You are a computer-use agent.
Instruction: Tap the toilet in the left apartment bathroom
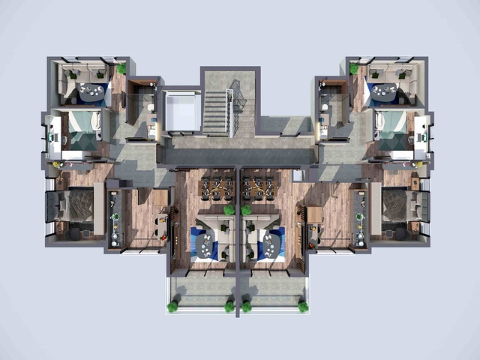(x=151, y=109)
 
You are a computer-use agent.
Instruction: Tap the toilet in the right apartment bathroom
(x=324, y=109)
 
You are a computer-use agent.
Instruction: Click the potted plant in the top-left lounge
(x=121, y=69)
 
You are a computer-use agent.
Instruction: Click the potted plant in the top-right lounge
(x=353, y=69)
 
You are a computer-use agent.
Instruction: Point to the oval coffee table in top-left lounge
(x=92, y=92)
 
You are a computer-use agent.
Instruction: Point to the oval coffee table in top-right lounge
(x=384, y=92)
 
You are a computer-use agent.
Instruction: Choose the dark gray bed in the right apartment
(x=403, y=205)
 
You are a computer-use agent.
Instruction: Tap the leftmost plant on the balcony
(x=173, y=306)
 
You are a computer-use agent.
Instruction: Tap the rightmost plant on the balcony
(x=303, y=306)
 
